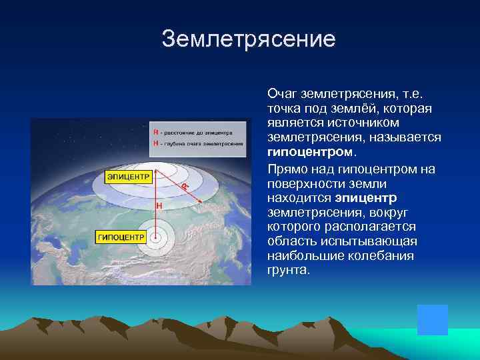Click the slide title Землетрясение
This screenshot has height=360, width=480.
[248, 39]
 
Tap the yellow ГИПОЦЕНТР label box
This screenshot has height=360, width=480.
[121, 237]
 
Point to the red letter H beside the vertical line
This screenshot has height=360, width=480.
[159, 207]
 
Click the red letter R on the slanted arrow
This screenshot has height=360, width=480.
[183, 187]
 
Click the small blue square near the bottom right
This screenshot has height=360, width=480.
[432, 319]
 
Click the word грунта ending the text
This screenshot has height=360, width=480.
[288, 271]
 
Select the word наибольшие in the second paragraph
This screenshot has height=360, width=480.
[302, 256]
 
